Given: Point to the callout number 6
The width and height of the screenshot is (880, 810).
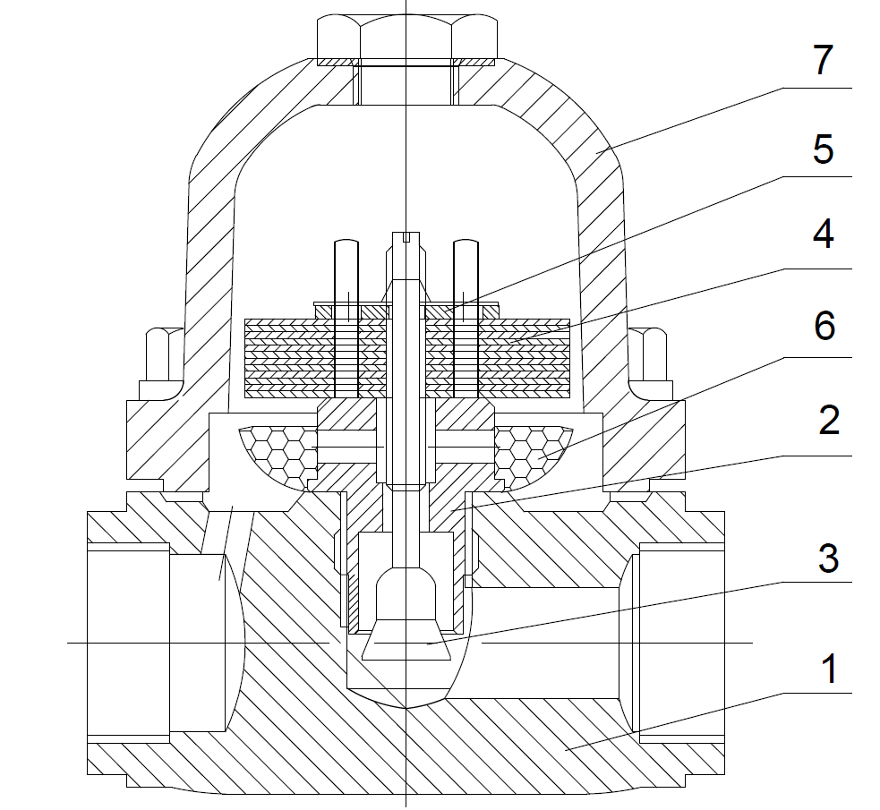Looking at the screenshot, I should tap(824, 326).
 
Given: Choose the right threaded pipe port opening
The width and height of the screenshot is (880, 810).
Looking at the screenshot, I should tap(680, 643).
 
